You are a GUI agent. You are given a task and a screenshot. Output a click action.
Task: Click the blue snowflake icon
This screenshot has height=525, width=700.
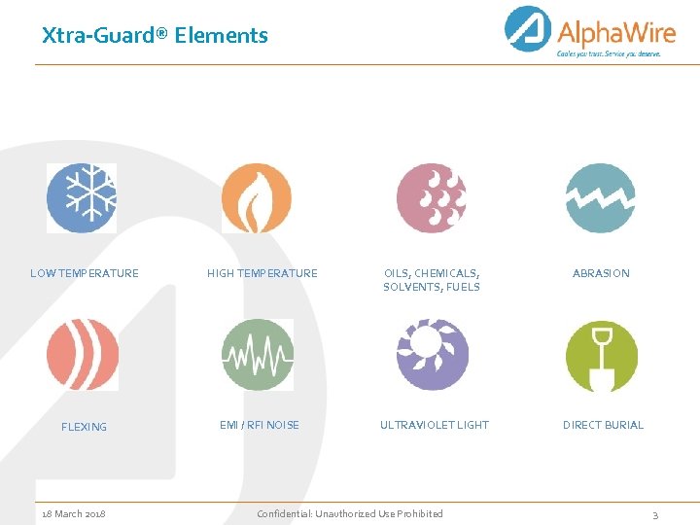coord(82,198)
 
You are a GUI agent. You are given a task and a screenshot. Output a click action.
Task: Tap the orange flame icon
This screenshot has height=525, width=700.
coord(257,198)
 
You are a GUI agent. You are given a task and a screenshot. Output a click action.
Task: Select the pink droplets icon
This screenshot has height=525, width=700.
coord(432,198)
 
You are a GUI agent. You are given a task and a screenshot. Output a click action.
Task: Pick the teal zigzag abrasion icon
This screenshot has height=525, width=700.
coord(601,198)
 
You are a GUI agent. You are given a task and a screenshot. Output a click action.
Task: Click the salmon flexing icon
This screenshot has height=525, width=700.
coord(83,355)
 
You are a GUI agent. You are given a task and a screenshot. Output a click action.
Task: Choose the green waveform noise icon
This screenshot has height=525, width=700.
coord(257,355)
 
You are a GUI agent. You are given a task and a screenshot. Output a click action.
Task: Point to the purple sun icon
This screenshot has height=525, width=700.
coord(432,355)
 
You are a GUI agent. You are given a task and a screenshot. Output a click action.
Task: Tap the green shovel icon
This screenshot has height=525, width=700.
coord(602,355)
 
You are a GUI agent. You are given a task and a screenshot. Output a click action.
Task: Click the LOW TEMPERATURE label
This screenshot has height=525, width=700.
coord(85,274)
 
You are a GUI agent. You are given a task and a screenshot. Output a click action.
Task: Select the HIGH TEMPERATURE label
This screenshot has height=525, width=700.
coord(262,274)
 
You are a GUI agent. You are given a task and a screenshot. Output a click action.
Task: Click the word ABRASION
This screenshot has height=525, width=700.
coord(601,274)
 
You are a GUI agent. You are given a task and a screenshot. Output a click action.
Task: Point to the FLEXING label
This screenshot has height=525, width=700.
coord(85,427)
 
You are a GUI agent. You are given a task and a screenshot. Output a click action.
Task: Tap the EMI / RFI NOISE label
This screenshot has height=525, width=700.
coord(260,425)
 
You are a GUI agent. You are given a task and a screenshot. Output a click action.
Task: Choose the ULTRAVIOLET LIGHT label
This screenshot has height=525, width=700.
coord(435,425)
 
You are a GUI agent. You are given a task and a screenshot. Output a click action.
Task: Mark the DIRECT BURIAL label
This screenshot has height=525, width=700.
coord(603,425)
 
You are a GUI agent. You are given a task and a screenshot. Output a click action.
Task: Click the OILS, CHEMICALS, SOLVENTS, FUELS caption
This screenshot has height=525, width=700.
coord(432,280)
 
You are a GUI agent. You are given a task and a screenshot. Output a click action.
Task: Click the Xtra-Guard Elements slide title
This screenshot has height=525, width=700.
coord(155,36)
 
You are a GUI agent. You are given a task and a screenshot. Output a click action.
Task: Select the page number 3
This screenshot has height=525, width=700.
coord(655,515)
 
